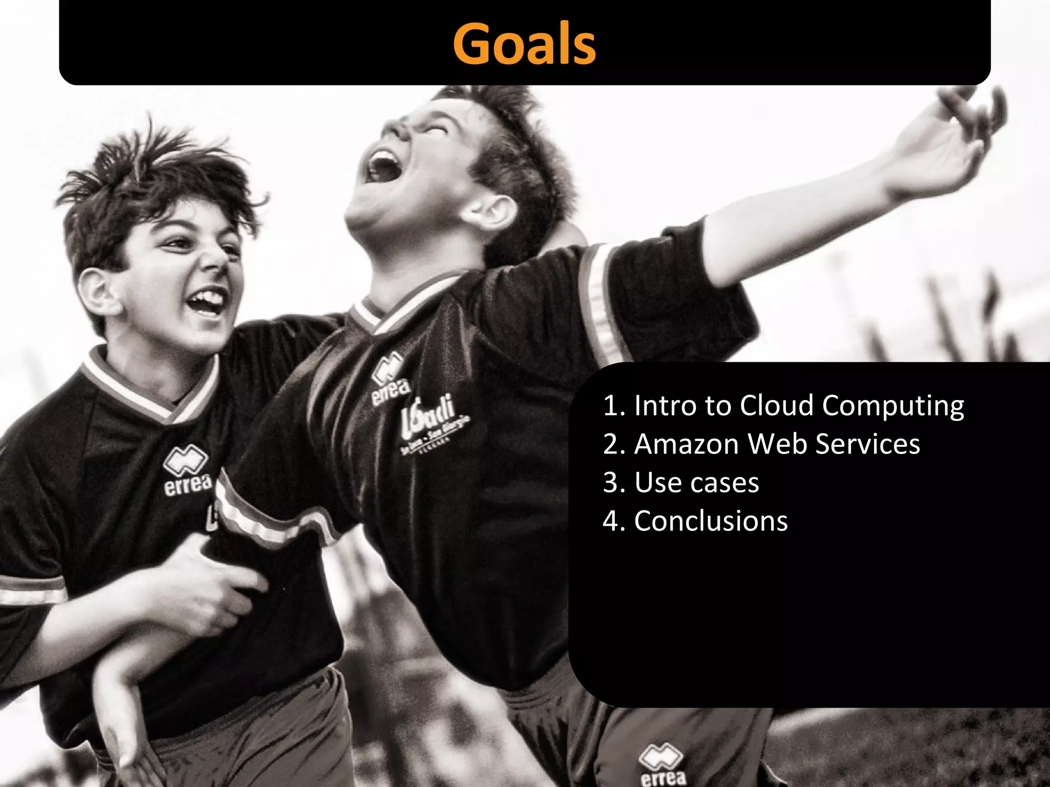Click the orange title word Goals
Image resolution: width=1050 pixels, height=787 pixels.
[x=524, y=44]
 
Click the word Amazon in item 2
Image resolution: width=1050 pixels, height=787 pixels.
[x=688, y=444]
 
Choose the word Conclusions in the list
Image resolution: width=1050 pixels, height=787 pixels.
[x=711, y=521]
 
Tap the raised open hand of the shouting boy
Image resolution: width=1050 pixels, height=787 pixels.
[x=948, y=138]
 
